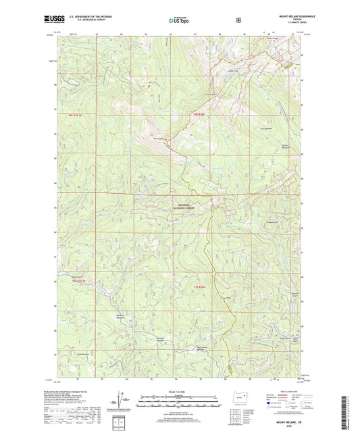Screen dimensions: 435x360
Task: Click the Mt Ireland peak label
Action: pos(159,139)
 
